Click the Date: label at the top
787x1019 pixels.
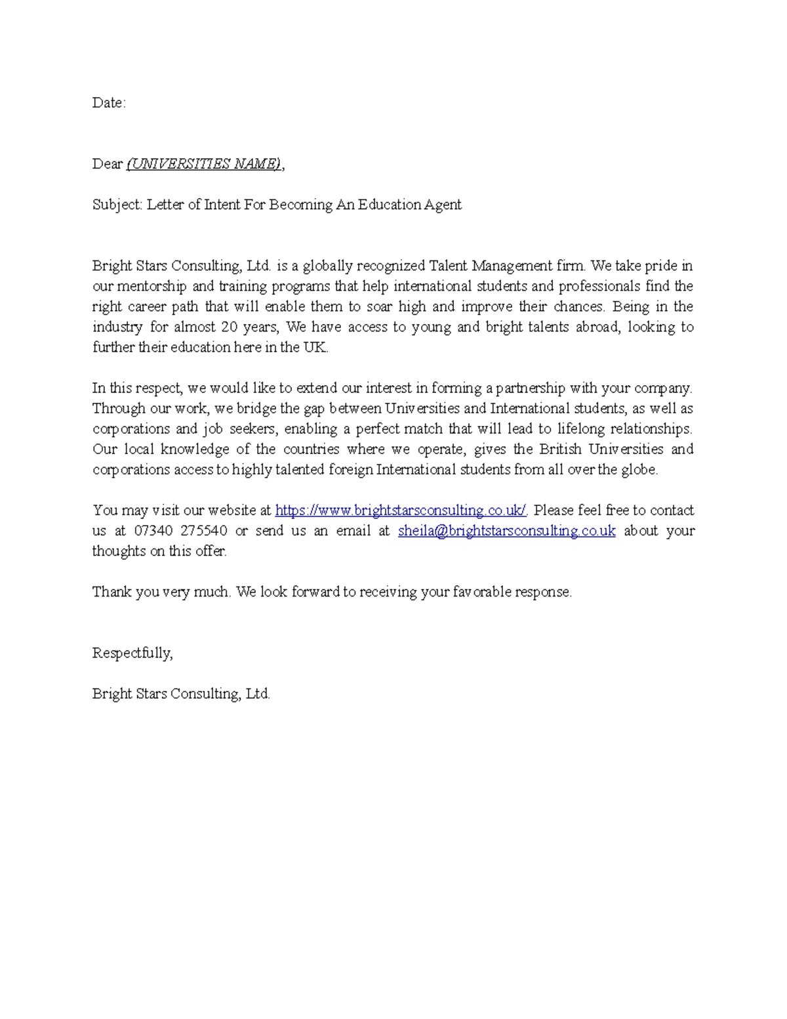[108, 103]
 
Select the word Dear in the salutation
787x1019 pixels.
[107, 164]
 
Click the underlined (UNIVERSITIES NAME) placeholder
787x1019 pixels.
[204, 164]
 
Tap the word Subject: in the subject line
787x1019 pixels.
[117, 205]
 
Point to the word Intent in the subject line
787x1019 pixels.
[222, 205]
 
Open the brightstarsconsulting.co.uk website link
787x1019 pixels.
[401, 510]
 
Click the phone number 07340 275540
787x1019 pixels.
[180, 531]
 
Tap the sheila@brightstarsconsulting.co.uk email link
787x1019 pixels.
[506, 531]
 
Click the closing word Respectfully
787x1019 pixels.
[132, 653]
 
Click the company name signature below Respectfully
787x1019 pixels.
[181, 694]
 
